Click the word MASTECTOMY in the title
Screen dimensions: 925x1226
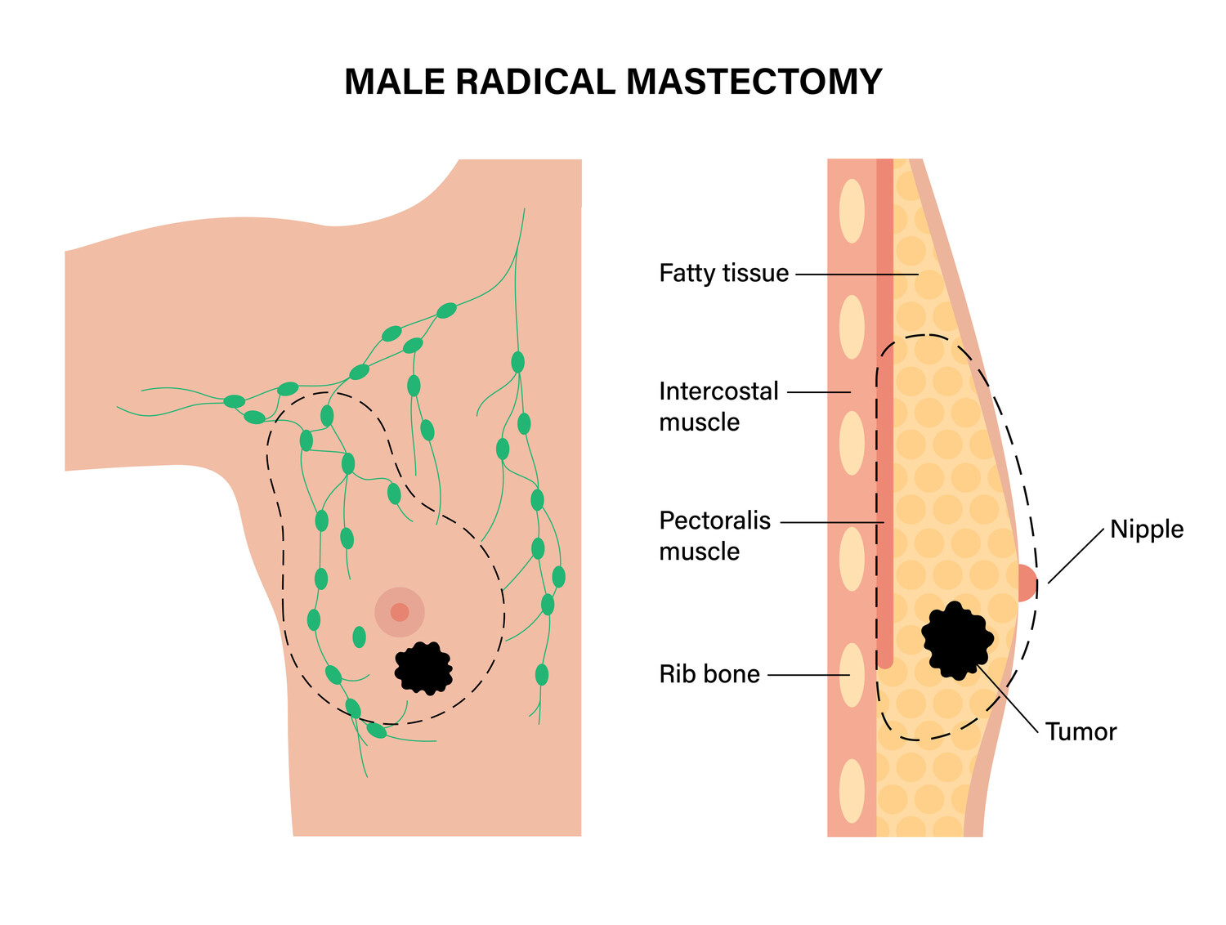point(754,83)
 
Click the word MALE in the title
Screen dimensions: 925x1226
point(396,83)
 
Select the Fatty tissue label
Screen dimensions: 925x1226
point(723,273)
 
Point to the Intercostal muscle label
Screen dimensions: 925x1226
point(718,406)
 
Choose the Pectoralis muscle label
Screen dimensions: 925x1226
point(714,535)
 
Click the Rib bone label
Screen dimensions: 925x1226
point(709,674)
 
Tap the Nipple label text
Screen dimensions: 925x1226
point(1146,530)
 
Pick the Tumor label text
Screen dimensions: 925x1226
point(1081,731)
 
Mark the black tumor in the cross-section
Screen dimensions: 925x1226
point(957,640)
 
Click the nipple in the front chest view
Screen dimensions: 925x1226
point(400,612)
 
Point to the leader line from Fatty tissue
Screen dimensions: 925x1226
point(857,274)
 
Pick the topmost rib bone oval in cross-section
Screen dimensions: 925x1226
point(852,210)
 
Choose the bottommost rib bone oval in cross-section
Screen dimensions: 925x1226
point(852,791)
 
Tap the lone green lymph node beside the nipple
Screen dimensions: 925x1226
point(359,637)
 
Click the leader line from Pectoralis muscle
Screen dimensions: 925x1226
point(832,522)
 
